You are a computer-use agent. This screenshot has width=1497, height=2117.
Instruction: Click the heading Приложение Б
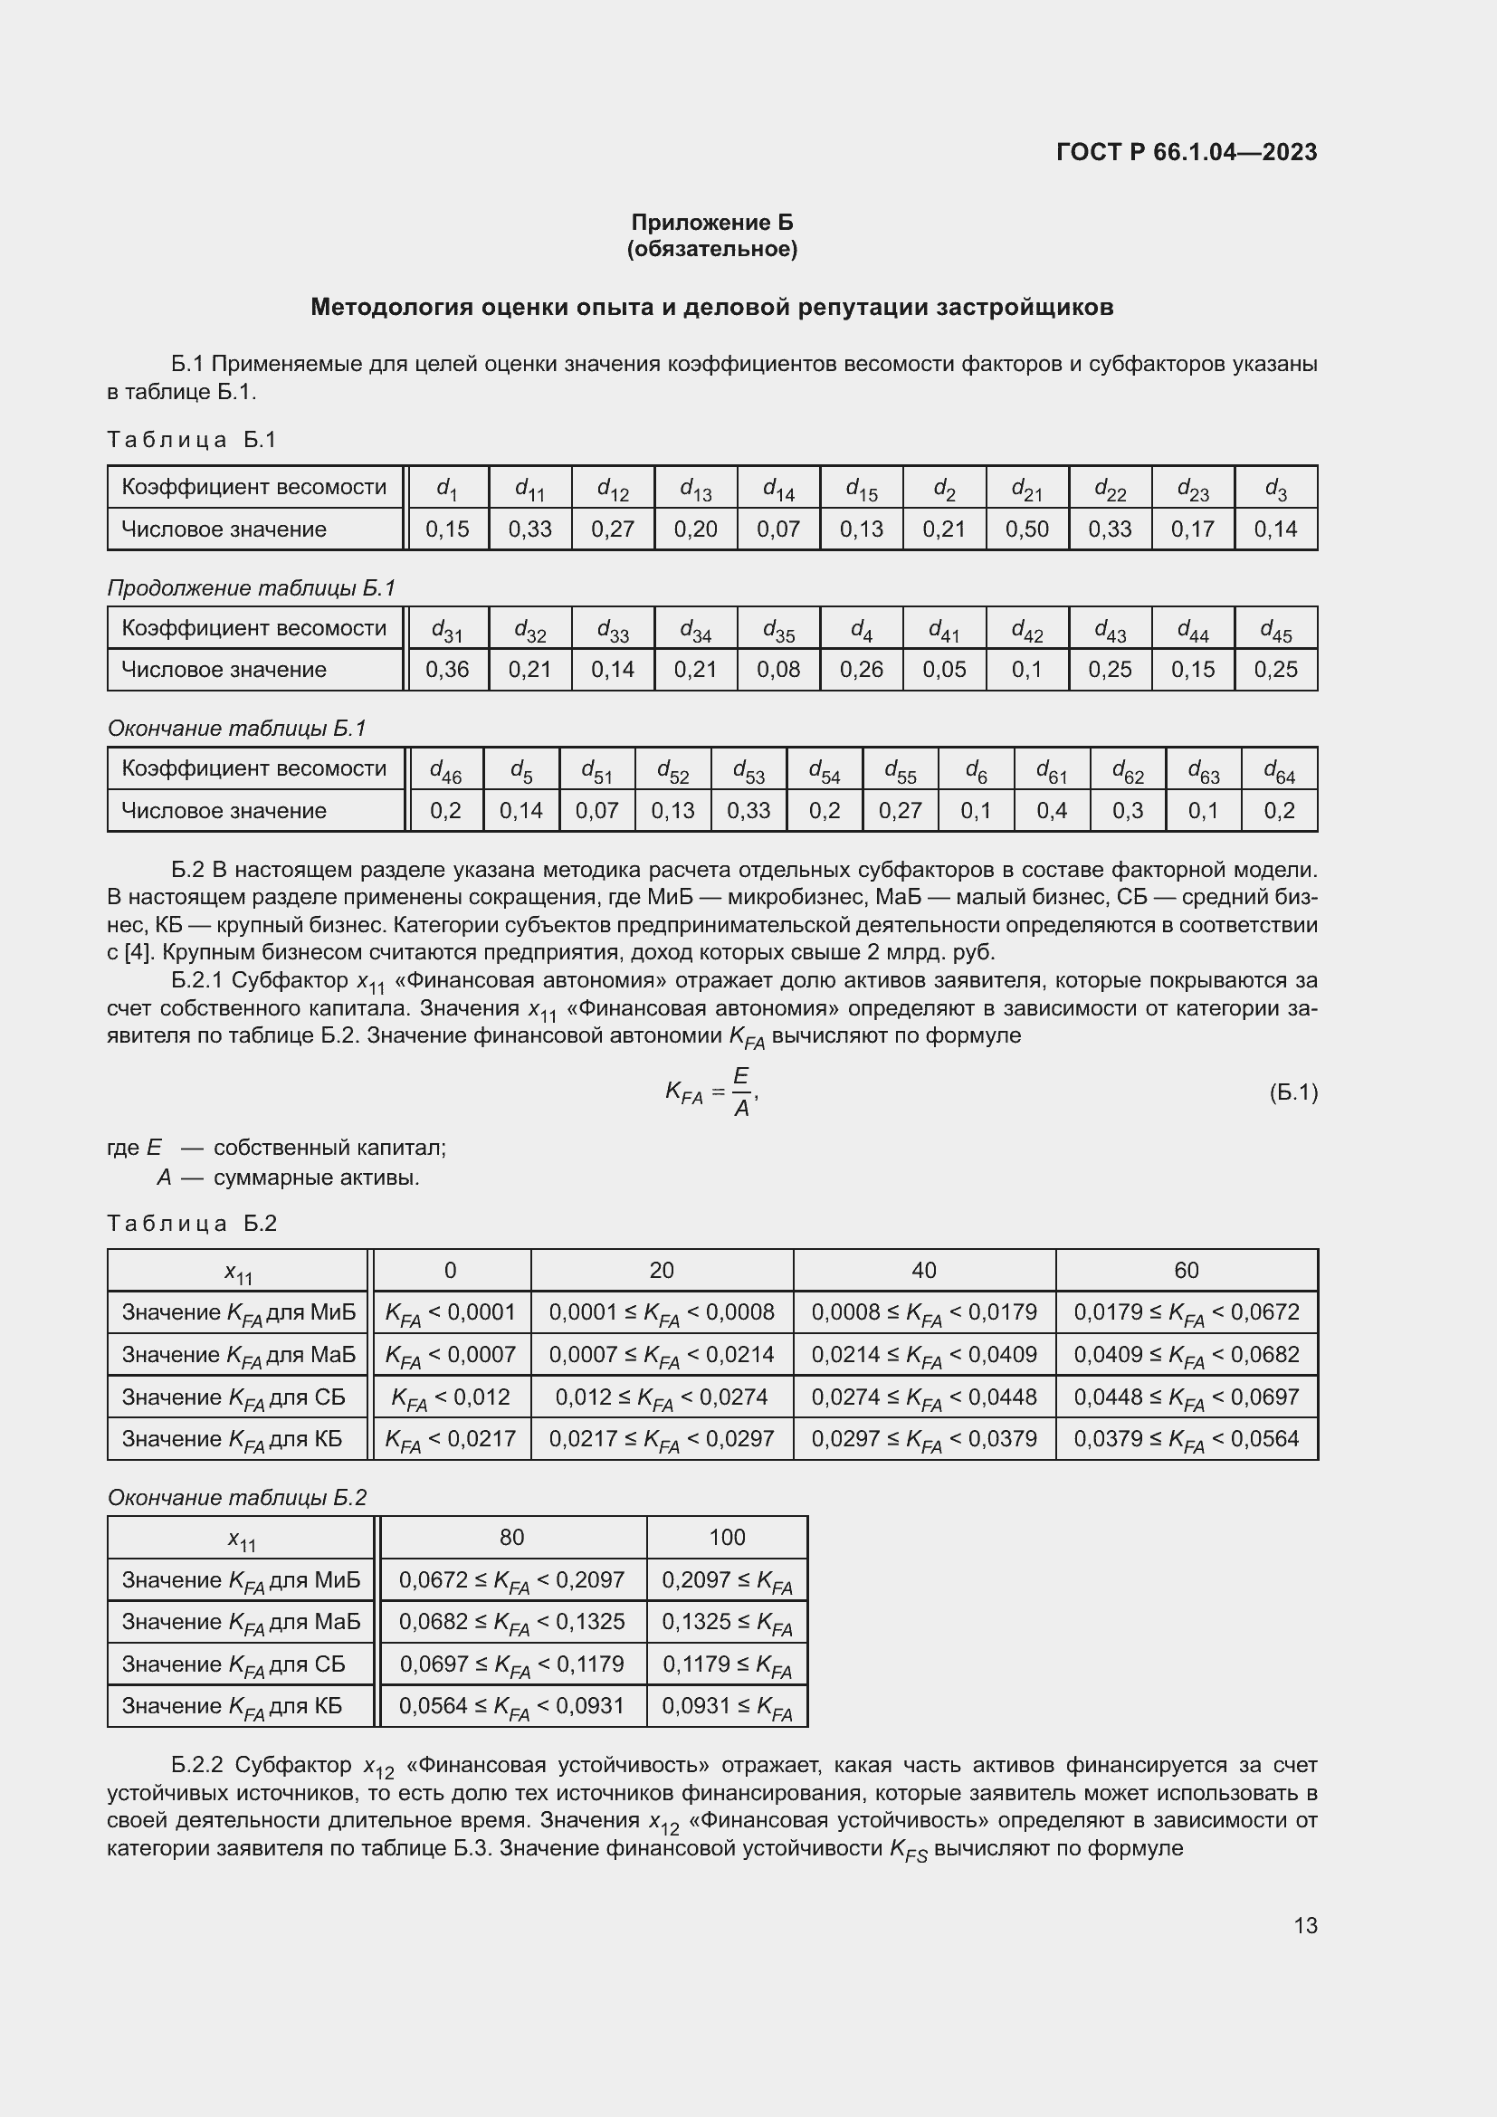tap(711, 223)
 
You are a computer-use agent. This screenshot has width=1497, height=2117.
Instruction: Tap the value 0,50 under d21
tap(1027, 529)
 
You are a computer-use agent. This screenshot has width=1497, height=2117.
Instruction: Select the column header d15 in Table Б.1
tap(861, 488)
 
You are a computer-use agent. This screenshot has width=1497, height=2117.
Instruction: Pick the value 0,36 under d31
tap(447, 670)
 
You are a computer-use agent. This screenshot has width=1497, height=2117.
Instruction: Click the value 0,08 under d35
tap(778, 670)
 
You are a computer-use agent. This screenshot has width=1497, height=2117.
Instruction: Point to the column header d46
tap(445, 770)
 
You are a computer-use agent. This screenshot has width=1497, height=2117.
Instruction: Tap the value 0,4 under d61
tap(1051, 810)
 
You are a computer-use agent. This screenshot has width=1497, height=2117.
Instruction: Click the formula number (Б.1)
tap(1292, 1092)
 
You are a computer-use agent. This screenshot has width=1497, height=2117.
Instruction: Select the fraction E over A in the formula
tap(741, 1092)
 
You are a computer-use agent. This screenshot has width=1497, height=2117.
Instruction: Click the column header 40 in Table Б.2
tap(924, 1271)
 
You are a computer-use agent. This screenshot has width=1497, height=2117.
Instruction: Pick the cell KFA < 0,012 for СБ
tap(451, 1397)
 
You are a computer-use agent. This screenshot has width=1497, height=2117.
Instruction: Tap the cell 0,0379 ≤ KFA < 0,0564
tap(1186, 1438)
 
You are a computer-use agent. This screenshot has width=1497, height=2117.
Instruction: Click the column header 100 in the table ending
tap(727, 1537)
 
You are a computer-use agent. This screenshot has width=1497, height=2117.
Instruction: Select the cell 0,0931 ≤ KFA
tap(727, 1706)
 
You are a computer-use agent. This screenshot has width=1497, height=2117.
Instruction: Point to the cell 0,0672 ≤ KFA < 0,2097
tap(511, 1580)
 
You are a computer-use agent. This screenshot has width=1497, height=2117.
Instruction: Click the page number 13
tap(1304, 1925)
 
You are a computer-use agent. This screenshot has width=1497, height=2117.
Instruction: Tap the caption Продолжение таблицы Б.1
tap(251, 588)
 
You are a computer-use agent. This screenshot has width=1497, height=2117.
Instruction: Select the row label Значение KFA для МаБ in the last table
tap(241, 1622)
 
